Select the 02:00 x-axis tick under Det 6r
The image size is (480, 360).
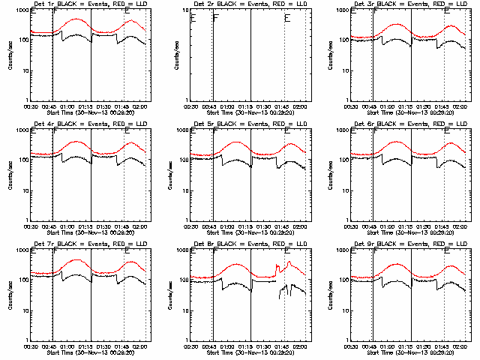(x=460, y=226)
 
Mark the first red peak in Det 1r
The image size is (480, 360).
(x=76, y=19)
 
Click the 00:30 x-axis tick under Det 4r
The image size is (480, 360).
(x=31, y=226)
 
